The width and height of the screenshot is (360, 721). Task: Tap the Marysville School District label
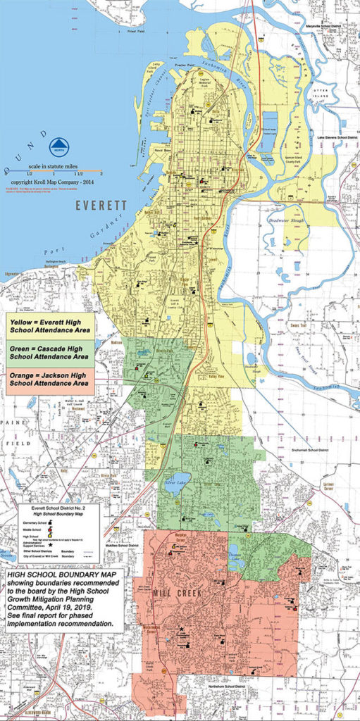330,9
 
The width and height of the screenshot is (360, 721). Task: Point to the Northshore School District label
229,683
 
